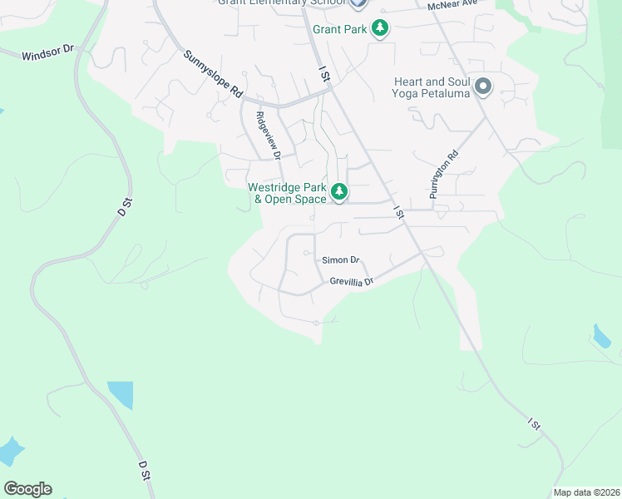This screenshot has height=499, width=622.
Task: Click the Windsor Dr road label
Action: (48, 54)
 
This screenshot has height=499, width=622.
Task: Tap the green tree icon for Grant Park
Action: (380, 29)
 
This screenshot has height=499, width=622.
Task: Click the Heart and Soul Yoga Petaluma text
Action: (431, 87)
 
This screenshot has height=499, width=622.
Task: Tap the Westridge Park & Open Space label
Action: (288, 193)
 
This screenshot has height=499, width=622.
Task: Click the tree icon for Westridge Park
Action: (339, 192)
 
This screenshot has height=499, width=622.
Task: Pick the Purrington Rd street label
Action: (443, 174)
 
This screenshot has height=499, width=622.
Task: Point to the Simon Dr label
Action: (341, 260)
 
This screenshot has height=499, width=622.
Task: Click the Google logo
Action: (27, 489)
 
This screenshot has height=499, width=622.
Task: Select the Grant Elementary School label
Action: (282, 2)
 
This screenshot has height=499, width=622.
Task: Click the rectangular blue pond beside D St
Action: (120, 395)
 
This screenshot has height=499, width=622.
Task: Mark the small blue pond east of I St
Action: (601, 336)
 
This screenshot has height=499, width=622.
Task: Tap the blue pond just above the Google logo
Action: (10, 452)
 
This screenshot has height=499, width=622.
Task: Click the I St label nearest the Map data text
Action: (534, 423)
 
